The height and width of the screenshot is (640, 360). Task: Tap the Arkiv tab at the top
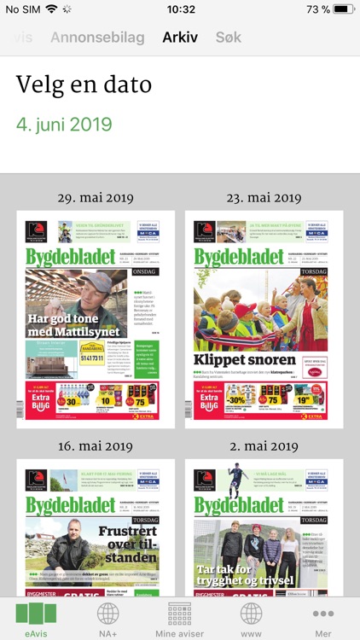tap(180, 38)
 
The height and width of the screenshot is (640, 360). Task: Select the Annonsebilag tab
tap(98, 38)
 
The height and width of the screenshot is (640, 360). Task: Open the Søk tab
tap(229, 38)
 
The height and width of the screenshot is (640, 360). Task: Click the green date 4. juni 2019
tap(64, 124)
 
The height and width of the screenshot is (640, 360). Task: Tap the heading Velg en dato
tap(84, 85)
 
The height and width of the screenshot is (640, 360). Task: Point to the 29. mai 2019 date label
tap(96, 198)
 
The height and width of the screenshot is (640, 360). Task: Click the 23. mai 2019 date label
tap(264, 198)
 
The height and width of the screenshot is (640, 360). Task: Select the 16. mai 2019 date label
tap(96, 446)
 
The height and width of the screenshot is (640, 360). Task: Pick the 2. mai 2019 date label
tap(264, 446)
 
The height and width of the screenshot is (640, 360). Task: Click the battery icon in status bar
tap(344, 9)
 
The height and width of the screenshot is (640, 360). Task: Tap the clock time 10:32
tap(180, 9)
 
